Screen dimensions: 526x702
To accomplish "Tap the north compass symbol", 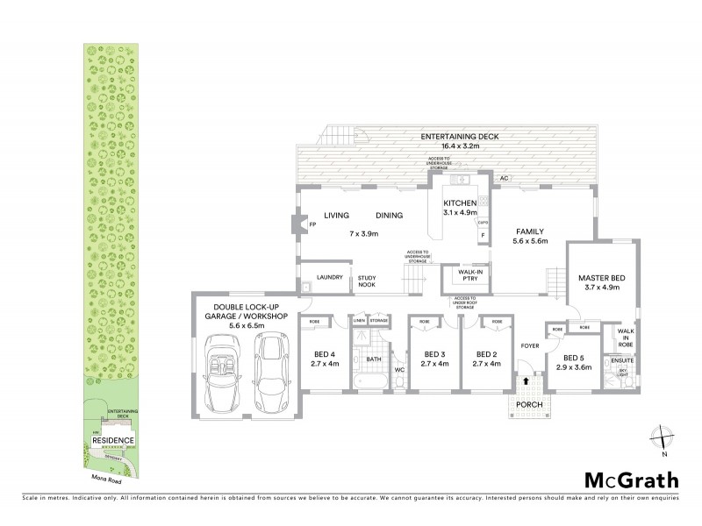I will click(664, 439).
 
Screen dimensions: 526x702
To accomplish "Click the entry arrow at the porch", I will click(526, 381).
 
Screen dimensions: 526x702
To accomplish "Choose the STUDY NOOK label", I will click(367, 282).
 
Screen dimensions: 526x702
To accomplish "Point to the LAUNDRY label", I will click(329, 277).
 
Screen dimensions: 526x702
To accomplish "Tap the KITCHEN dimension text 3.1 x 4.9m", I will click(460, 212).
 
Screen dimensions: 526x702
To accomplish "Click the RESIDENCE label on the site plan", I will click(112, 441).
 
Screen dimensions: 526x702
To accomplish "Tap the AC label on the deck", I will click(504, 178).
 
